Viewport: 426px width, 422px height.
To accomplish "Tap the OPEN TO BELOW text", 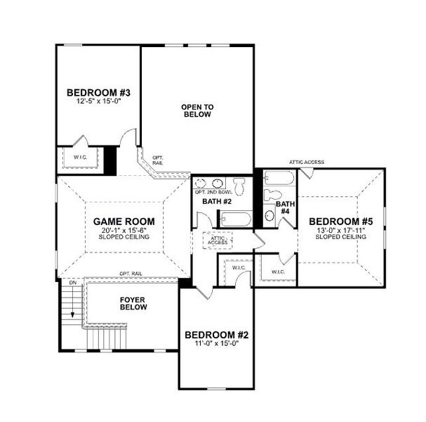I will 197,110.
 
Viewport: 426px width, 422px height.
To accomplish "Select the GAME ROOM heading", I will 124,221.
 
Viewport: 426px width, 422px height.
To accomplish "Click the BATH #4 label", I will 284,208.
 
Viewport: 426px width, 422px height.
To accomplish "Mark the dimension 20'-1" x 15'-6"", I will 124,230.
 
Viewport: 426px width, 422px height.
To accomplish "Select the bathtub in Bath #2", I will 232,221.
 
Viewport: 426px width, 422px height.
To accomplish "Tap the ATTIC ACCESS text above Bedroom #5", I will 306,162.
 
